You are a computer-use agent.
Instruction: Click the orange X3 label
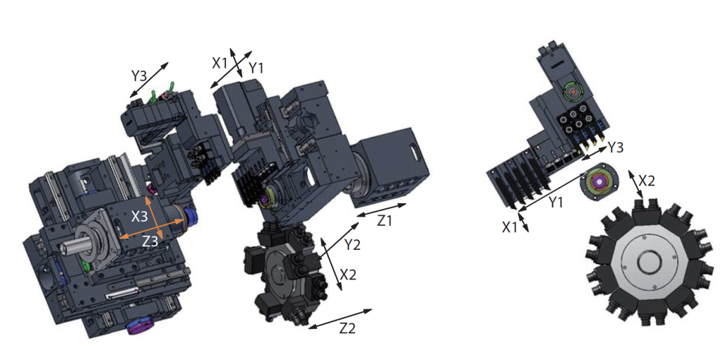point(139,217)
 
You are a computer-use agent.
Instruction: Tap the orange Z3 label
point(150,241)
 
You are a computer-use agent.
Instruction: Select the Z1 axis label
point(385,221)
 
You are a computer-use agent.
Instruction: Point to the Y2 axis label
point(353,245)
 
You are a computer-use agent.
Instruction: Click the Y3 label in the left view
point(139,75)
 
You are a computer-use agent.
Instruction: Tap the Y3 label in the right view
point(616,148)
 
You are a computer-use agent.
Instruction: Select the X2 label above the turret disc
point(646,181)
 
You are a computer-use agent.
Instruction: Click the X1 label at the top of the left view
point(220,63)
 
